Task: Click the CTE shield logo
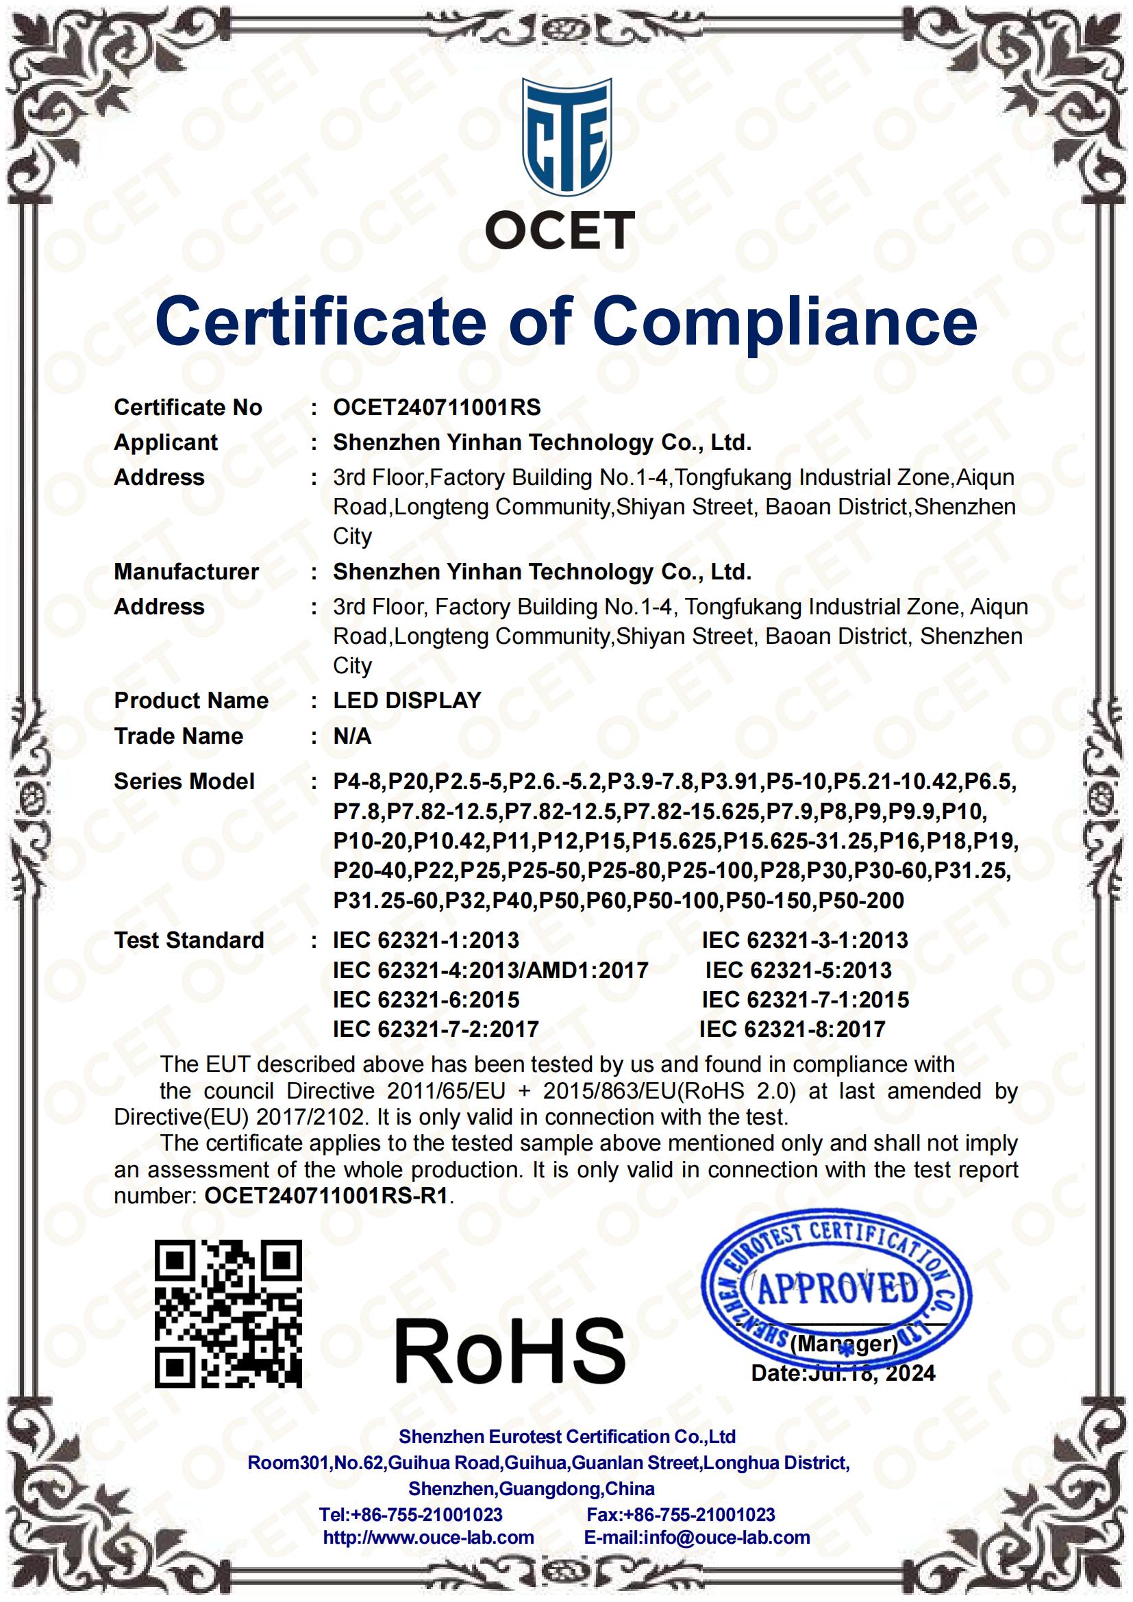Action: point(566,138)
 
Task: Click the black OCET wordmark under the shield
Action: point(560,230)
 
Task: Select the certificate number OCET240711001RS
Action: point(437,408)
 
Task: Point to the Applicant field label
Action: point(166,442)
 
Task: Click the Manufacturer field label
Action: point(186,571)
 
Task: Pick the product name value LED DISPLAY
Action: point(408,700)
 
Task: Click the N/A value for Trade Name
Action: point(352,736)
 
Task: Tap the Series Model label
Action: point(184,781)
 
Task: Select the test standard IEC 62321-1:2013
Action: point(425,940)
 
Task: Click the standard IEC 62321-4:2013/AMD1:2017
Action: point(490,970)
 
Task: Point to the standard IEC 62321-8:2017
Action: point(792,1029)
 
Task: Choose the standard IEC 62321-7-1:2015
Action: point(805,999)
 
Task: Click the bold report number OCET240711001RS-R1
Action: point(326,1196)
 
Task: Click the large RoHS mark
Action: point(510,1350)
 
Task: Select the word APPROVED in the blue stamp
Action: point(838,1288)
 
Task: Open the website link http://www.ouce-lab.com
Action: point(428,1537)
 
